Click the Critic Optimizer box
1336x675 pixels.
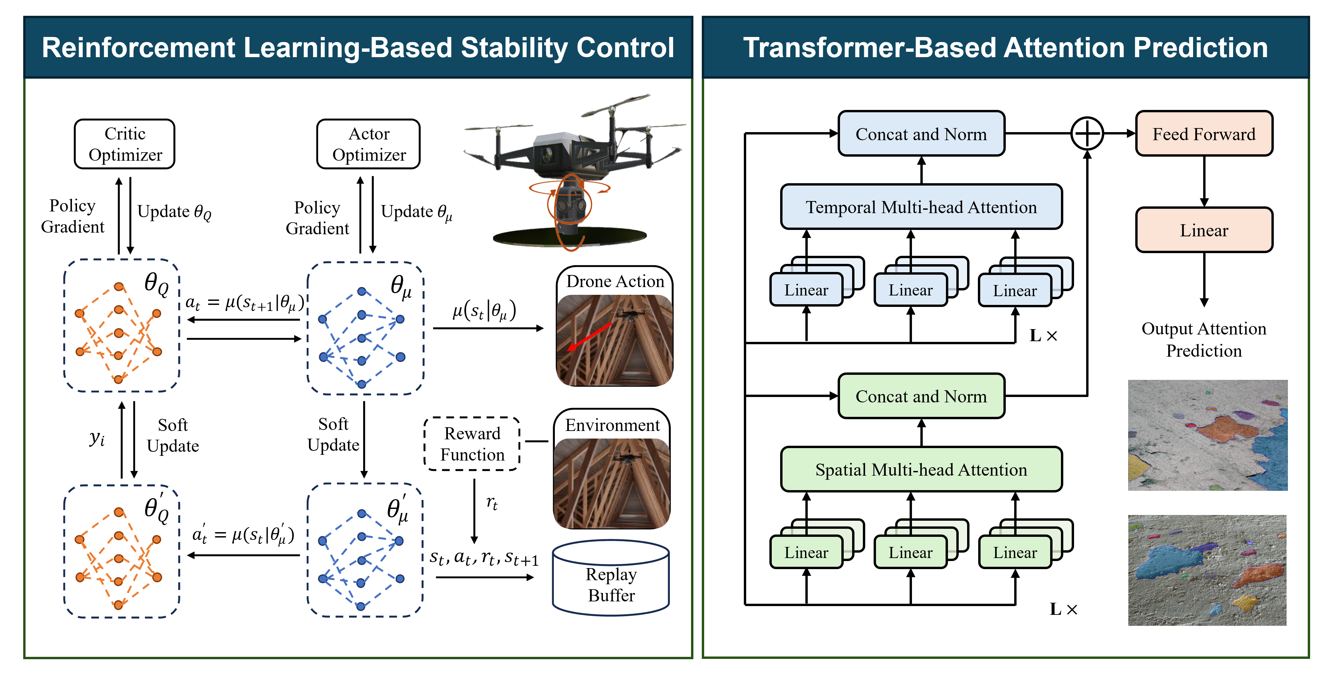pos(124,144)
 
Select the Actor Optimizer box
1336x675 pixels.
pos(368,144)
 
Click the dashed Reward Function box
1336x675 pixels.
pos(472,444)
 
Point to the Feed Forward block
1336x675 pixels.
pos(1204,134)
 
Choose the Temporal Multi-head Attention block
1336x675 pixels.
pos(921,207)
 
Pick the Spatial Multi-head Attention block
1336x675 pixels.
pos(921,469)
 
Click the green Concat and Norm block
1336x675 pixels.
pos(921,396)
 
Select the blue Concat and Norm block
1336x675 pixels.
pos(921,134)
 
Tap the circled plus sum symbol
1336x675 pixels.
pos(1087,134)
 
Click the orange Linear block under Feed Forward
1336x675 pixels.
pos(1204,230)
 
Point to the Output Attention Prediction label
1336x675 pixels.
pos(1204,340)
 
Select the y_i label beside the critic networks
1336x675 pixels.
pos(97,438)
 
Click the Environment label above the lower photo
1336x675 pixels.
pos(612,425)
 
